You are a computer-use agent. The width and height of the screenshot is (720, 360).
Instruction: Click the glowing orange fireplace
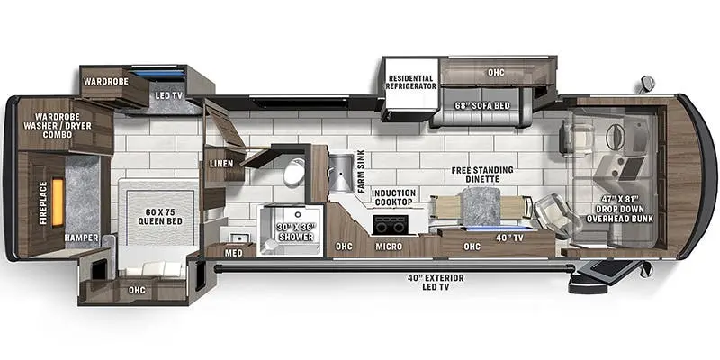58,202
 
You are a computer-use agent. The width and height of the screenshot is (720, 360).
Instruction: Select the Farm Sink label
362,171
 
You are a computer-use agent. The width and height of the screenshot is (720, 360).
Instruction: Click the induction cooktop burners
390,225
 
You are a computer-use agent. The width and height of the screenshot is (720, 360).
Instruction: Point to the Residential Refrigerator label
411,82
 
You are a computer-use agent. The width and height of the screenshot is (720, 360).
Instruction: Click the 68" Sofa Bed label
482,105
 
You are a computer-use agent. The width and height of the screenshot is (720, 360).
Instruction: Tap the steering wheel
615,137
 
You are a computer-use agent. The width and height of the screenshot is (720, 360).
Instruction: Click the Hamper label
81,238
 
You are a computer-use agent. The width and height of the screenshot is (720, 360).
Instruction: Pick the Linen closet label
221,164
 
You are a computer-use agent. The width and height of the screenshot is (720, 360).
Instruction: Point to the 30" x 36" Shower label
295,232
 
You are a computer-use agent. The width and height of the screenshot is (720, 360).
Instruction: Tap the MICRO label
389,247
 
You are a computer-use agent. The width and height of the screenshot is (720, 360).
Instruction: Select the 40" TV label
510,238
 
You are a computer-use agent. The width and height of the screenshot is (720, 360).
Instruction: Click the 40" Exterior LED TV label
436,283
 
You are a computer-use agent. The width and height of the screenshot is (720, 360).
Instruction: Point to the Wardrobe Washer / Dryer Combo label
57,126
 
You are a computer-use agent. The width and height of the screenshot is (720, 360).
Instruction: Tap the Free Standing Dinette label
482,175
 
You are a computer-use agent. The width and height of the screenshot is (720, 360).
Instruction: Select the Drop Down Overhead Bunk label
619,209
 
